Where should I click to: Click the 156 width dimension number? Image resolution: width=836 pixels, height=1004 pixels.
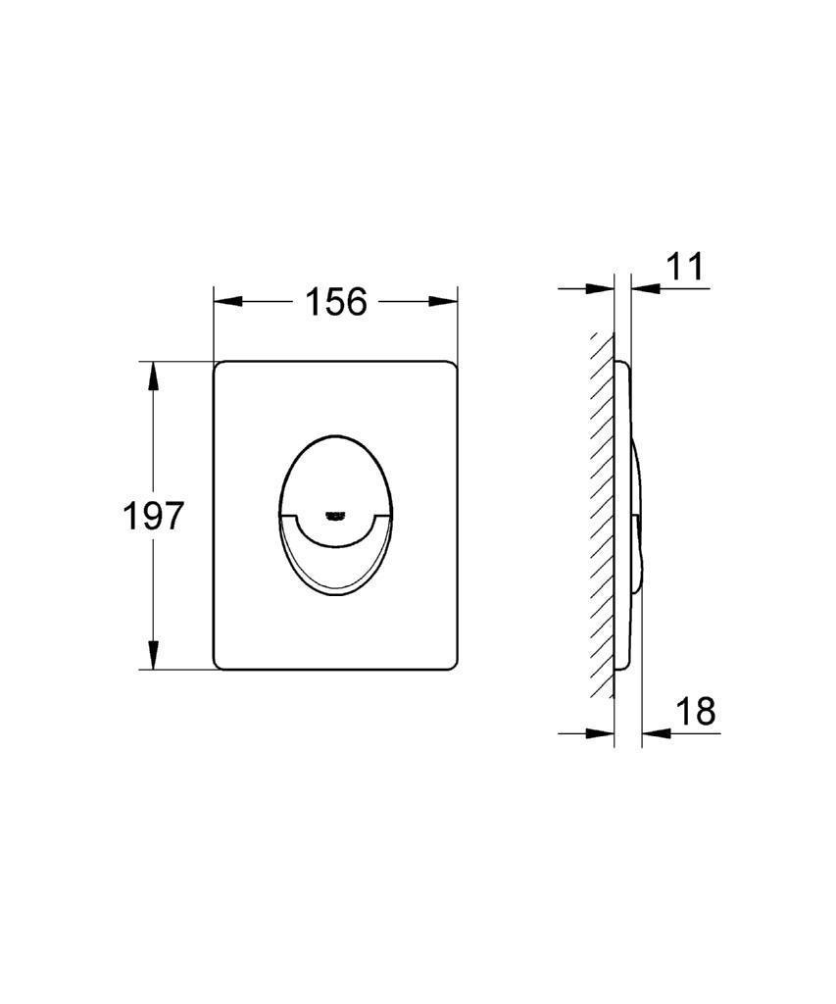(335, 302)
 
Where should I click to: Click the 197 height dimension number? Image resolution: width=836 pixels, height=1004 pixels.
(153, 516)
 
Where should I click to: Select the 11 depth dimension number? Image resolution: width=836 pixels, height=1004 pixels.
(686, 267)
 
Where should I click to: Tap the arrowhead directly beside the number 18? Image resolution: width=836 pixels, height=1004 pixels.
(655, 732)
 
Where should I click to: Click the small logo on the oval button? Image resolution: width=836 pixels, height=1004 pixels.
(335, 511)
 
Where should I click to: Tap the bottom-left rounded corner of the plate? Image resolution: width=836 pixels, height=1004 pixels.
(220, 664)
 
